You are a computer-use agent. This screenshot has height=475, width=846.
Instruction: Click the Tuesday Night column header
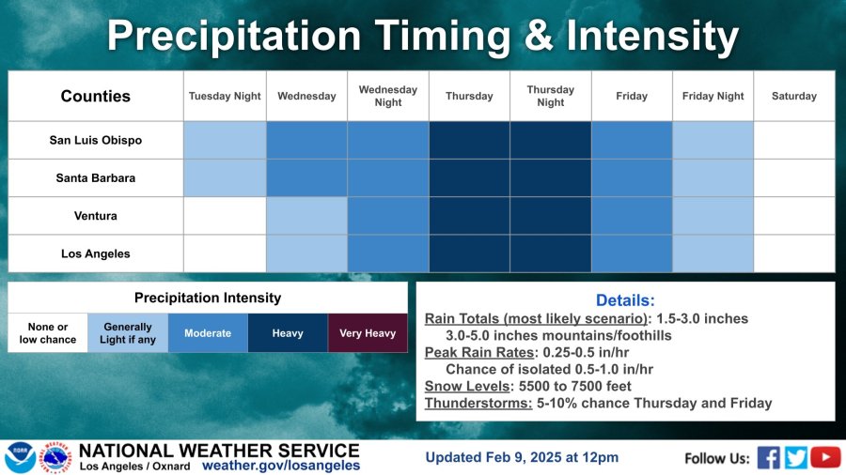225,96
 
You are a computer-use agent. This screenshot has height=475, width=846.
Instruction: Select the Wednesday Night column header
388,96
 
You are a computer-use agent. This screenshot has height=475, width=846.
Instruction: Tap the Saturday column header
793,96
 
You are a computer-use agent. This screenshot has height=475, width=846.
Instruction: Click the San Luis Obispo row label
96,140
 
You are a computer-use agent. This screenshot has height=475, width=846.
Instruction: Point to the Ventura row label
96,215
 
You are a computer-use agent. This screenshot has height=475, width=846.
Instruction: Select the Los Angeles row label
96,253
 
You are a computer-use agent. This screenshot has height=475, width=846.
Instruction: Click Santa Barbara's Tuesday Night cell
225,177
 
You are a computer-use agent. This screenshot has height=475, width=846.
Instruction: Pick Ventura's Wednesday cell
306,215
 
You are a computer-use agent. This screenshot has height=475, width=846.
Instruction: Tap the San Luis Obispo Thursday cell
469,140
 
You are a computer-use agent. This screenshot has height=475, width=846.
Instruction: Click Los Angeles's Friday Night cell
713,253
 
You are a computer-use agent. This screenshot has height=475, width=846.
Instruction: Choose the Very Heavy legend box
368,333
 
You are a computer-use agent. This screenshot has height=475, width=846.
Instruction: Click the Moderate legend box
208,333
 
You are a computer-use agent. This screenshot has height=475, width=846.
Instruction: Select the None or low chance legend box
48,333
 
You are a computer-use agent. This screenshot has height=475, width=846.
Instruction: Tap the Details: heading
625,300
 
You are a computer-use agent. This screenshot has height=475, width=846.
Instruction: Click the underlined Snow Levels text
466,386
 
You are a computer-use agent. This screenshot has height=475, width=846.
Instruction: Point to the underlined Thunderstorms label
478,404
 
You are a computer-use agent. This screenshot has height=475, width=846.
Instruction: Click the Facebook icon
768,458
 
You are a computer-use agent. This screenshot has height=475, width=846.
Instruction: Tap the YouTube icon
825,457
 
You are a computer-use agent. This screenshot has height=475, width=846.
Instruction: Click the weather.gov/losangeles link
281,466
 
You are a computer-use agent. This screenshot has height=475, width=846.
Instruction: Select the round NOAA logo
20,458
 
